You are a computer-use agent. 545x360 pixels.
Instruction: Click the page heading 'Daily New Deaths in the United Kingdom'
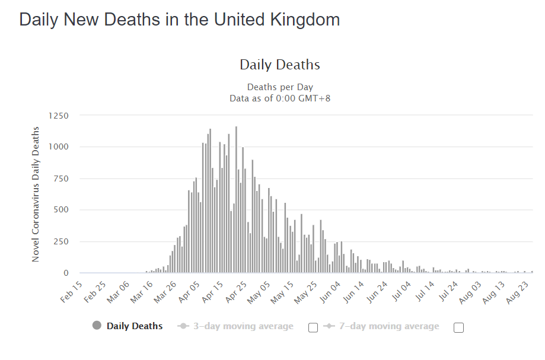coord(179,20)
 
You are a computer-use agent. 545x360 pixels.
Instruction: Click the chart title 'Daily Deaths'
coord(280,65)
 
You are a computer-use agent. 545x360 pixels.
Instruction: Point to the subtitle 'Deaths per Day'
coord(280,87)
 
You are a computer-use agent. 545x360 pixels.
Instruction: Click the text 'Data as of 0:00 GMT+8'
coord(280,98)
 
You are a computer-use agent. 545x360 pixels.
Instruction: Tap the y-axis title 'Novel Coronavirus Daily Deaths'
coord(36,194)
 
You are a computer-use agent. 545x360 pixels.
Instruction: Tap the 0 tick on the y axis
coord(66,273)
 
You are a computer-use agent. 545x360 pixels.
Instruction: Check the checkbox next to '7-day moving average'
coord(458,328)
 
